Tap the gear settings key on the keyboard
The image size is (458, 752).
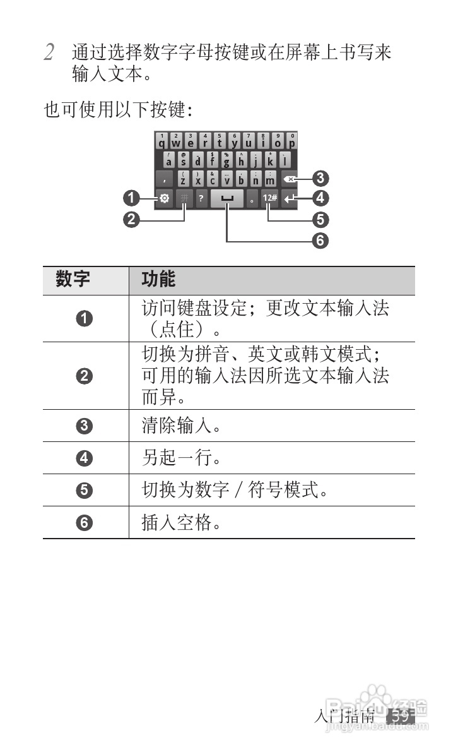(x=164, y=198)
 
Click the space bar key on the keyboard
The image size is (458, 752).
(x=227, y=198)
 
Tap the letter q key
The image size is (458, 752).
(x=162, y=141)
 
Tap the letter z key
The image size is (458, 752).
(x=183, y=179)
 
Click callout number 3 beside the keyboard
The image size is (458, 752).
(x=320, y=178)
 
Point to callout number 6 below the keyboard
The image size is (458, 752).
(x=320, y=241)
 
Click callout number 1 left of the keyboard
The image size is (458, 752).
(x=131, y=199)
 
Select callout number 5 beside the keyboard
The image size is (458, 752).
(x=320, y=220)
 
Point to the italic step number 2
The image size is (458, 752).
(x=49, y=52)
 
